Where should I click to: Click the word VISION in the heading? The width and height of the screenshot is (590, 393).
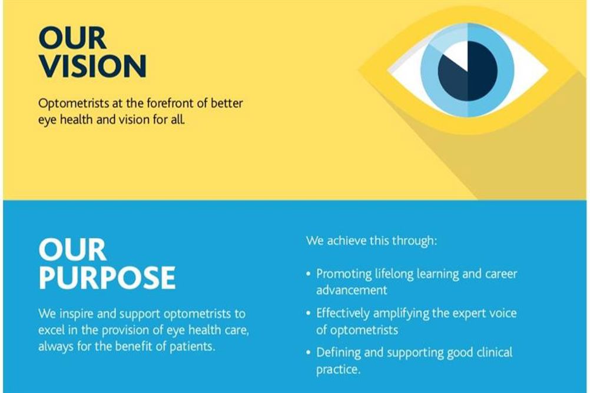92,66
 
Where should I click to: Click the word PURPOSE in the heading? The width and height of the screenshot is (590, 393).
107,278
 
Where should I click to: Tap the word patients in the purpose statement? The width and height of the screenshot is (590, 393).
193,347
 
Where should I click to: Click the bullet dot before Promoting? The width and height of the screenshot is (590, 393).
309,274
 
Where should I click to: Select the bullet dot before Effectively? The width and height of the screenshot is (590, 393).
309,313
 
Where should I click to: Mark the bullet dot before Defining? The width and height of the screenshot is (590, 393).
309,353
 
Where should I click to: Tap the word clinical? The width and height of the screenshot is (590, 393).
495,352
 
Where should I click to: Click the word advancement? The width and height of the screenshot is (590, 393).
352,290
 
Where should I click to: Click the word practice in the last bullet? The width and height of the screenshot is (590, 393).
337,369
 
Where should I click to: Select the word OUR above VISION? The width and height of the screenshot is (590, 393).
72,38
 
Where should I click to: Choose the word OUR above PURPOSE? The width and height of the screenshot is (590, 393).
72,249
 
